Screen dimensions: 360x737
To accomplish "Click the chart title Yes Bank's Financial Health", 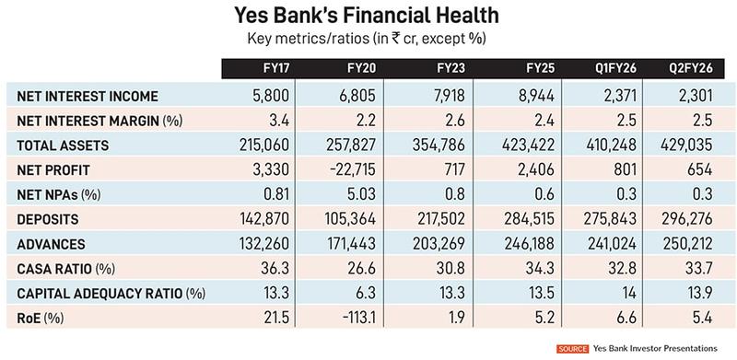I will coord(368,17).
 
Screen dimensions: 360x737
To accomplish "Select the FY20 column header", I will coord(349,70).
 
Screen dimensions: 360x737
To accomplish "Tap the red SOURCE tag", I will coord(572,349).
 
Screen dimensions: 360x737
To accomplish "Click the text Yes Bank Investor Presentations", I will coord(660,349).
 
